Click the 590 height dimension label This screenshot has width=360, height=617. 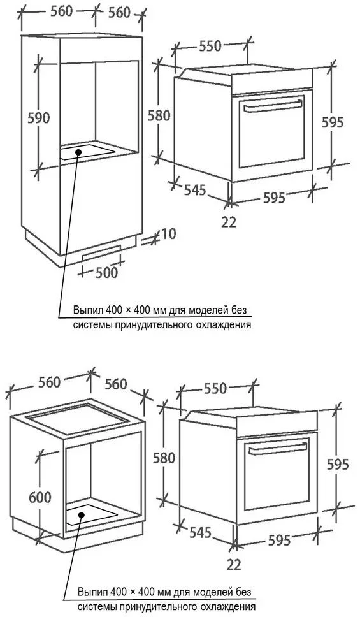39,118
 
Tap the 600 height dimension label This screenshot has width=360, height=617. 40,497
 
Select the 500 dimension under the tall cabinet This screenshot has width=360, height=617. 106,272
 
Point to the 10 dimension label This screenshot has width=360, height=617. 168,234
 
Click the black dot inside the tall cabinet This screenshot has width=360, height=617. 78,152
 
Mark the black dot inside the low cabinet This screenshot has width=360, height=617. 82,515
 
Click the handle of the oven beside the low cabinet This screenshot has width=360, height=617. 278,448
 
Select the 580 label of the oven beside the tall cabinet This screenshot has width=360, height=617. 159,115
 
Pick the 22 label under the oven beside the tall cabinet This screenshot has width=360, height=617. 229,222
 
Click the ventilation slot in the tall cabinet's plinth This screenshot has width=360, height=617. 101,251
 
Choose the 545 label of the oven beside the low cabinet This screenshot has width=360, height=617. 200,533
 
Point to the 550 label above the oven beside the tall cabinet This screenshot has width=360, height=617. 210,47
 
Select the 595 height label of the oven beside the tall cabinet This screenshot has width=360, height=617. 333,122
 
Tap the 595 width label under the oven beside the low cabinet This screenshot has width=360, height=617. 279,541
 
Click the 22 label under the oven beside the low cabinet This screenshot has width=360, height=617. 234,565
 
